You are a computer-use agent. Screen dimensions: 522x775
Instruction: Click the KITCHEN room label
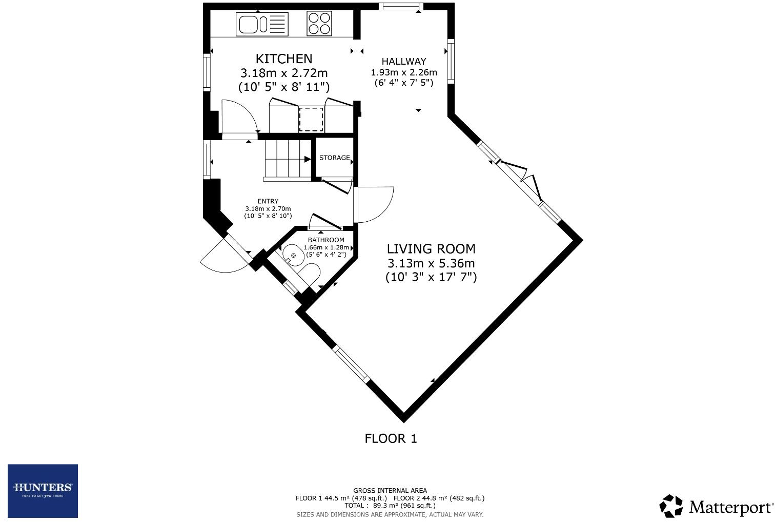pyautogui.click(x=283, y=59)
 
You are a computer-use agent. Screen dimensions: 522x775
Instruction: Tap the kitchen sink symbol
pyautogui.click(x=262, y=24)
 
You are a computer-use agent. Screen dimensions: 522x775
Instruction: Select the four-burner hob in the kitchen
pyautogui.click(x=319, y=24)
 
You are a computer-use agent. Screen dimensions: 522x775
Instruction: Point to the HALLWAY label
pyautogui.click(x=403, y=62)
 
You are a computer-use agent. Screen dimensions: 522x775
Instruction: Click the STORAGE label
pyautogui.click(x=334, y=158)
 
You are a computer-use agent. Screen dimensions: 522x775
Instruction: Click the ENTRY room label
pyautogui.click(x=268, y=201)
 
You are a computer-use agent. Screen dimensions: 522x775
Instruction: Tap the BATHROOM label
pyautogui.click(x=326, y=240)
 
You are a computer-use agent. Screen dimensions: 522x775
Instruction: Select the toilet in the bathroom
pyautogui.click(x=309, y=274)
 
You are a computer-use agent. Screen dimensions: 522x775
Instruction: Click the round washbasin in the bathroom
pyautogui.click(x=293, y=255)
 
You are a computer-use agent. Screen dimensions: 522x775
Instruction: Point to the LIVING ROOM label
pyautogui.click(x=431, y=249)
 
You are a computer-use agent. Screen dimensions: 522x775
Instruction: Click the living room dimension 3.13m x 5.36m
pyautogui.click(x=431, y=263)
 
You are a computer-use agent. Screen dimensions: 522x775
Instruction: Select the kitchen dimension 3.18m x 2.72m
pyautogui.click(x=283, y=73)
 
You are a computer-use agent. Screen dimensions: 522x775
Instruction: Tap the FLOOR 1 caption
pyautogui.click(x=391, y=438)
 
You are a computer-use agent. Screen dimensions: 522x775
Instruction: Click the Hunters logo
pyautogui.click(x=43, y=491)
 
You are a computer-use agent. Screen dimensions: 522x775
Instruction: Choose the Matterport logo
pyautogui.click(x=716, y=507)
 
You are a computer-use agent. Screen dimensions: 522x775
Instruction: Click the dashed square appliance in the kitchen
pyautogui.click(x=311, y=119)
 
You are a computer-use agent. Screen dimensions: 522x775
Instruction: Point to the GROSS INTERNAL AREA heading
pyautogui.click(x=390, y=491)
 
